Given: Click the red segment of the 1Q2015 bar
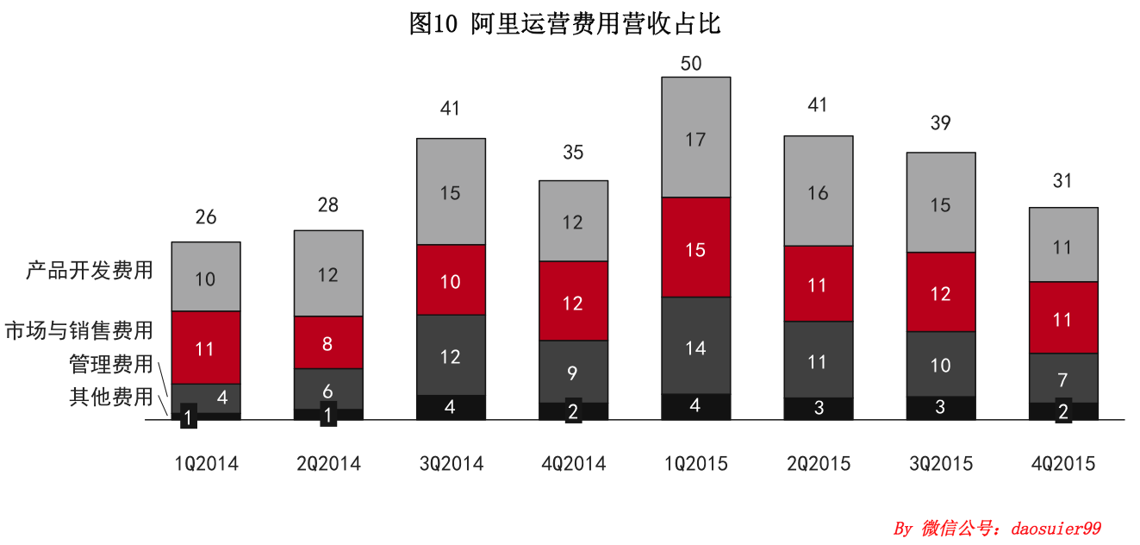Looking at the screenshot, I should coord(695,247).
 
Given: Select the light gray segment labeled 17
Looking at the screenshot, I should coord(695,138).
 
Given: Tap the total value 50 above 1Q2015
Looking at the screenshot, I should coord(691,63).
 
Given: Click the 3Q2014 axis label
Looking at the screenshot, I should coord(450,464).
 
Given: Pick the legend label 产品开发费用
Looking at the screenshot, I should coord(90,271).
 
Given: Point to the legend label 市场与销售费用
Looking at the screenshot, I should coord(78,330).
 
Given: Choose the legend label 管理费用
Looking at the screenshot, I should coord(110,364).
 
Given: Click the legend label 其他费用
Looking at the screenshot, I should coord(110,398).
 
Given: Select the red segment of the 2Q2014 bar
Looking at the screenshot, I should coord(327,342).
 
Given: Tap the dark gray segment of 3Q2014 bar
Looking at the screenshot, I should coord(450,355).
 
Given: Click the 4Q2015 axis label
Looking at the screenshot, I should coord(1063,464).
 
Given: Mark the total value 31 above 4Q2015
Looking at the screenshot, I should coord(1062,181).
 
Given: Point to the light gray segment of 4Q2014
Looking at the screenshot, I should coord(573,221).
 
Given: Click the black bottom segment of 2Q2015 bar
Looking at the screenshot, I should coord(818,409).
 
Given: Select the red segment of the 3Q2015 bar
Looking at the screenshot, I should coord(940,292).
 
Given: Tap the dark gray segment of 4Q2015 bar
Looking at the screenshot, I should coord(1063,378).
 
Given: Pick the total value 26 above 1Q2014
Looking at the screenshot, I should coord(205,217).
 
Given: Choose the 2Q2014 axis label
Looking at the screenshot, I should coord(328,464).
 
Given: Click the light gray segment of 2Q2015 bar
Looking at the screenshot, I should coord(818,191).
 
